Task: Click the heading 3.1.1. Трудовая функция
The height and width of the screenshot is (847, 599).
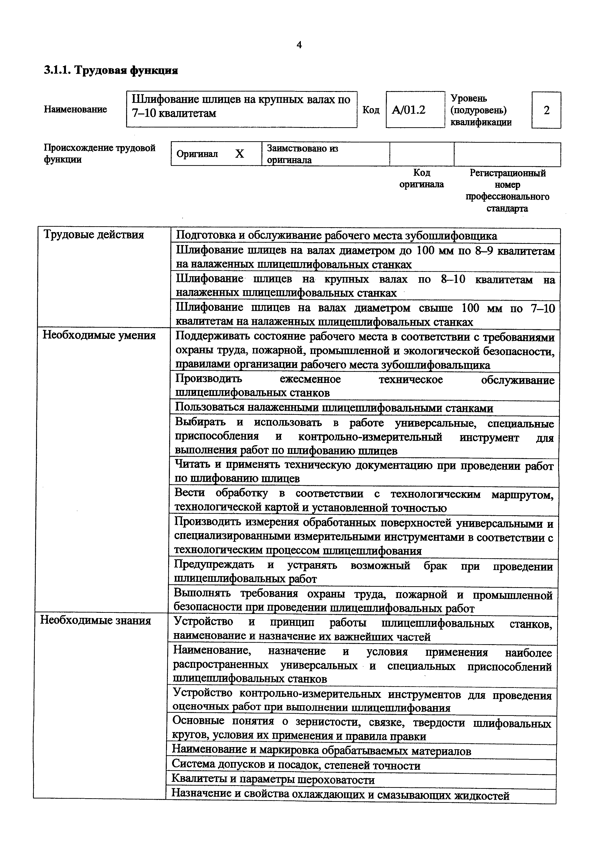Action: pos(111,70)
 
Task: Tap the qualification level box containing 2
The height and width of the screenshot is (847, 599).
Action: pos(546,110)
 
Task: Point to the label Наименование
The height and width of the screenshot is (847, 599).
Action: pos(75,109)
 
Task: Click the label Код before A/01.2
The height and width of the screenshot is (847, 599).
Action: pos(371,110)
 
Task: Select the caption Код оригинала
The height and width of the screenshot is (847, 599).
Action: pos(421,178)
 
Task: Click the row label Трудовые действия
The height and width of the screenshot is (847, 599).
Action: pos(94,235)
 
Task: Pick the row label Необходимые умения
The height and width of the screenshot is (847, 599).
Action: pos(99,335)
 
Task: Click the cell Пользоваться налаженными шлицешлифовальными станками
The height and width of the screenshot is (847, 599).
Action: pos(334,408)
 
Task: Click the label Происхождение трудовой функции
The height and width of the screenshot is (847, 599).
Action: pos(100,154)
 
